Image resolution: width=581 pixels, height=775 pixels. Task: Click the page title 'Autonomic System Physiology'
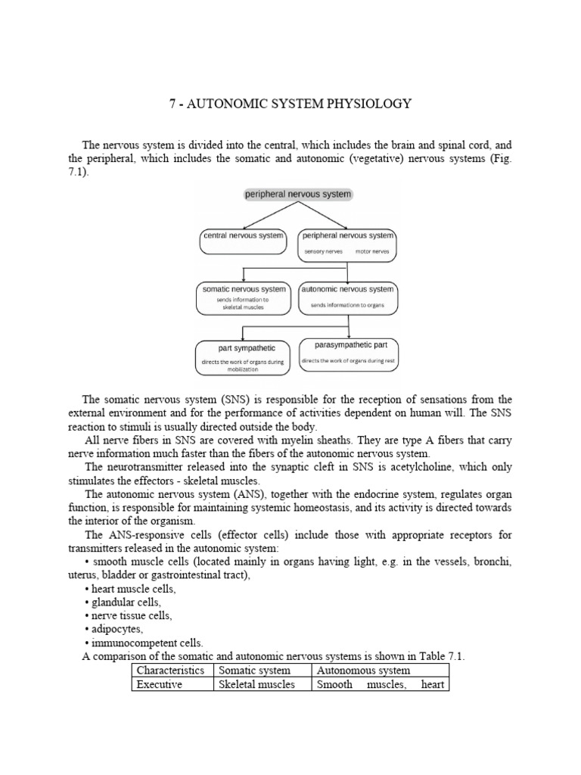click(290, 104)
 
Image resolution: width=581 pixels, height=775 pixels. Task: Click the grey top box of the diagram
click(298, 195)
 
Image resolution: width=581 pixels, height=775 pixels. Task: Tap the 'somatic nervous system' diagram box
click(244, 298)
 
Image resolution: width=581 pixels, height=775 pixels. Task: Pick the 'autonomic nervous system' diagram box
click(347, 298)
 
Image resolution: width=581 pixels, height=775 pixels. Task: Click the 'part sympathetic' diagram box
click(242, 356)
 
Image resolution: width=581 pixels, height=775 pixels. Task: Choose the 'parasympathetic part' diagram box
click(348, 353)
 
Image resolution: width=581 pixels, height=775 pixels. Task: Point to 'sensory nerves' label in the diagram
click(324, 251)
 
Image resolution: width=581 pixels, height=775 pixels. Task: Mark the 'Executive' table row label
click(159, 684)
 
